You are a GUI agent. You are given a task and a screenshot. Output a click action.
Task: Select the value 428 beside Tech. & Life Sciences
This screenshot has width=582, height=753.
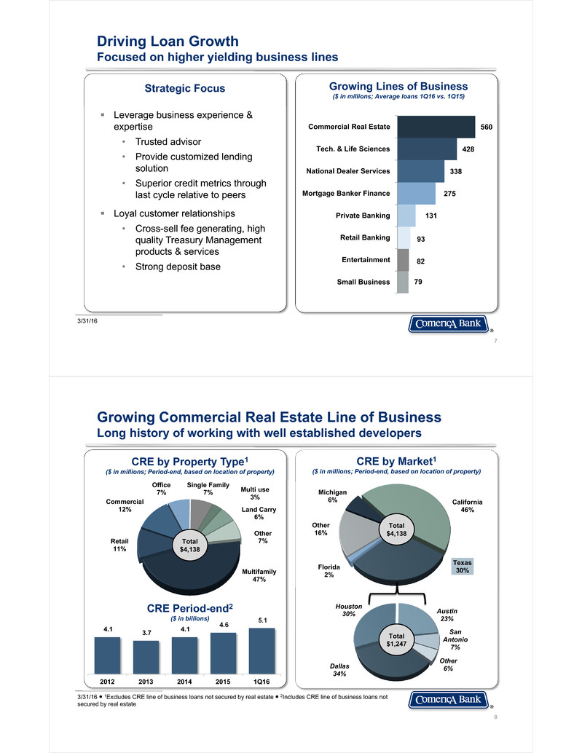point(470,149)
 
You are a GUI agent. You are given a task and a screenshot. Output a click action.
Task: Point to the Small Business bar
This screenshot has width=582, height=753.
point(403,282)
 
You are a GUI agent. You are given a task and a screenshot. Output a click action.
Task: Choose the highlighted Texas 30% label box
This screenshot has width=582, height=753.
point(462,567)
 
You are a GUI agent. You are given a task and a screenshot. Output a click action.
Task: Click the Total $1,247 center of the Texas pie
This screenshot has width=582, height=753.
point(397,641)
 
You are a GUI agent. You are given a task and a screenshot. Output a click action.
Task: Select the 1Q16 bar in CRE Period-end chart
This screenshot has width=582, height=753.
point(261,650)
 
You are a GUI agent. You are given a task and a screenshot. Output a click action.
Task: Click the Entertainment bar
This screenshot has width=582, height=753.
point(404,259)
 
